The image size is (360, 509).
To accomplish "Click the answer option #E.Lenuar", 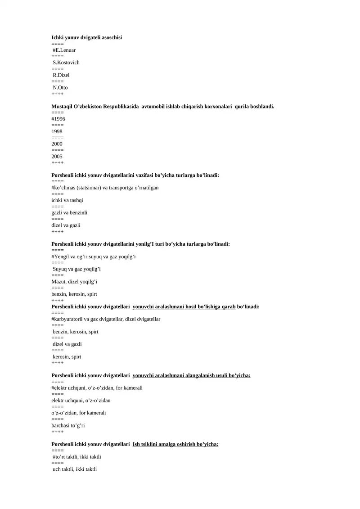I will [64, 50].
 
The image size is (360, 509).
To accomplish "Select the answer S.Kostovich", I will [66, 63].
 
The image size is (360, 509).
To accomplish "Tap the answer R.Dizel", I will [61, 75].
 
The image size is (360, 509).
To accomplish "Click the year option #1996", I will [58, 119].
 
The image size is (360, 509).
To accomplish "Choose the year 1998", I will [57, 131].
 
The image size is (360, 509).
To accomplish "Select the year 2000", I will [57, 144].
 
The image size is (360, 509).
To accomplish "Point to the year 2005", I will [57, 157].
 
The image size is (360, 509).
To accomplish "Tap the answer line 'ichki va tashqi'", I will [67, 200].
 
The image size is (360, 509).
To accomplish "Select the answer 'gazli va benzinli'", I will [69, 212].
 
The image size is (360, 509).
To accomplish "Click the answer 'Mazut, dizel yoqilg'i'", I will [75, 282].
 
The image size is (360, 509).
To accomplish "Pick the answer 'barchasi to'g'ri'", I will [68, 425].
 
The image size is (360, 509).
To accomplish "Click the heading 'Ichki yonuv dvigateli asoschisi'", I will [87, 37].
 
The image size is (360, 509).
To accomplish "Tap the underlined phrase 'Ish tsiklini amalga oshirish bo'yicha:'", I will [175, 444].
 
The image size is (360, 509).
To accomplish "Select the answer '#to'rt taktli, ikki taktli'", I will [77, 457].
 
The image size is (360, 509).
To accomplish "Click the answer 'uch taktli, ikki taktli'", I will [75, 469].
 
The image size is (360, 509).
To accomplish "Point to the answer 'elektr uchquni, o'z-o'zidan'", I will [81, 400].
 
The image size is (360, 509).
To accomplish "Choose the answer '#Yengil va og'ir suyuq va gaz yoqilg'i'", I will [94, 257].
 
